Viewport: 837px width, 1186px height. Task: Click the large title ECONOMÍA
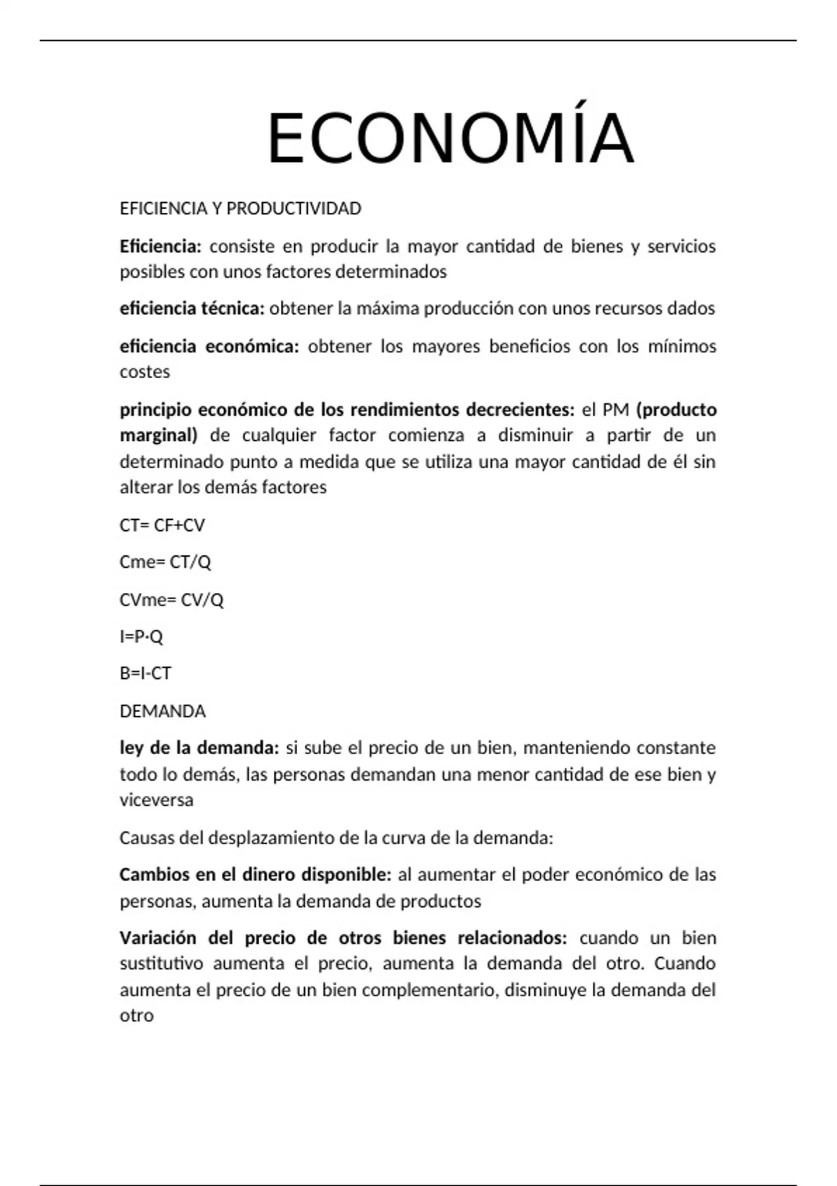(450, 139)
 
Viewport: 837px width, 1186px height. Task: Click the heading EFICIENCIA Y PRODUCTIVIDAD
(240, 209)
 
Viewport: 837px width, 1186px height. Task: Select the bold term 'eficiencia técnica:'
(192, 308)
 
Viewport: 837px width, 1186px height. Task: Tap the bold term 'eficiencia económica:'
(209, 347)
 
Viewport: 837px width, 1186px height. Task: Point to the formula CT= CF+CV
(162, 525)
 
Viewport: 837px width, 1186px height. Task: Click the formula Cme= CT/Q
(165, 562)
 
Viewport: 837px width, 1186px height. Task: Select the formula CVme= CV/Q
(171, 600)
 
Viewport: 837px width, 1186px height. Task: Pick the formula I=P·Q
(141, 636)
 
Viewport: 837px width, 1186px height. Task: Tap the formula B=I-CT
(145, 674)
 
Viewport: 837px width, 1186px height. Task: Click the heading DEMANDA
(163, 712)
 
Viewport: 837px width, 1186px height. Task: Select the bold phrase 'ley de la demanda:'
(199, 748)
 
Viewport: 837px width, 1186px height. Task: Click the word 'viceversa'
(156, 800)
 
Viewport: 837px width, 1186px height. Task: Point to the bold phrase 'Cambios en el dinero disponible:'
(255, 875)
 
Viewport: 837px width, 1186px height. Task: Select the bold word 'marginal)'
(158, 436)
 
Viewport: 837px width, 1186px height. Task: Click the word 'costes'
(144, 372)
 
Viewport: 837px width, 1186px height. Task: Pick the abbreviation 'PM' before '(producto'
(616, 410)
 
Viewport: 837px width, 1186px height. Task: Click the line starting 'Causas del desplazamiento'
(335, 838)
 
